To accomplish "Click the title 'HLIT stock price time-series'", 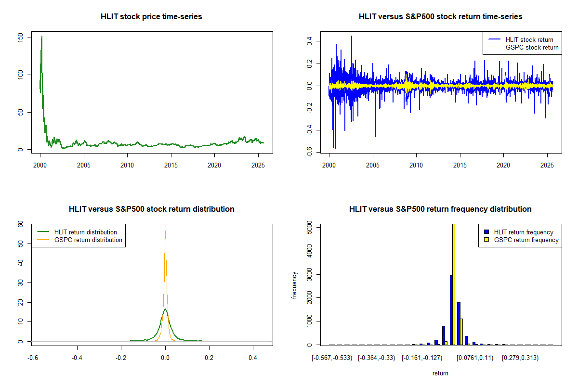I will [x=151, y=16].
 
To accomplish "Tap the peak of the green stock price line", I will [x=42, y=36].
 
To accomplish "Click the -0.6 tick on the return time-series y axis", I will [x=313, y=153].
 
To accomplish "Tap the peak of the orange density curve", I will [x=165, y=231].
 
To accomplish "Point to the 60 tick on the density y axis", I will [x=24, y=224].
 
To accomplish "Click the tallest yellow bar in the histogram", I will [x=453, y=284].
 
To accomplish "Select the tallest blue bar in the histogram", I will [x=451, y=310].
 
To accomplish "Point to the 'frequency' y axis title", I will [x=294, y=285].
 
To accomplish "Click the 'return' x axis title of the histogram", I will [x=440, y=373].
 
